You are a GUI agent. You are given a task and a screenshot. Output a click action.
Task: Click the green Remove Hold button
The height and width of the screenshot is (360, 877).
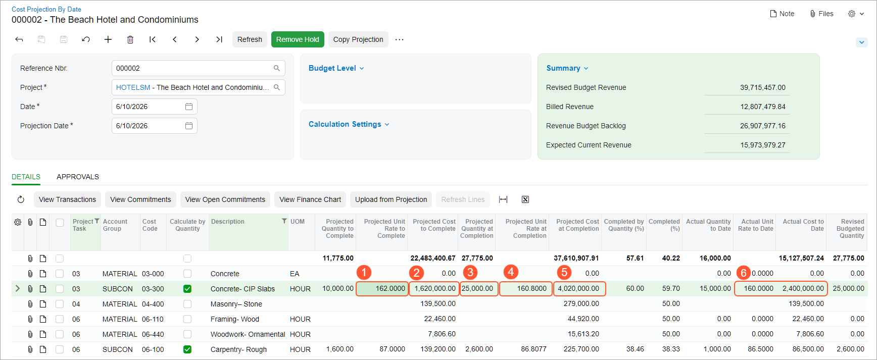(x=298, y=39)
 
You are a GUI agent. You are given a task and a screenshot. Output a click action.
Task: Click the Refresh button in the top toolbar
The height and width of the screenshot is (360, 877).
(x=250, y=39)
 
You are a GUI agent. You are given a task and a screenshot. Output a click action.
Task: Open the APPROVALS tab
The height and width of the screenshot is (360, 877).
(x=78, y=177)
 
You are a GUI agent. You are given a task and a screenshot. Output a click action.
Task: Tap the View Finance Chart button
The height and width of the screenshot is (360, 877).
(x=310, y=199)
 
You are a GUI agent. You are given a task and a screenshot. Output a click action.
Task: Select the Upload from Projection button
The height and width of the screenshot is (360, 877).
(x=391, y=199)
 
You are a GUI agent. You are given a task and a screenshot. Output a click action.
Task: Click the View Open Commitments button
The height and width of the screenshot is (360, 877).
(x=225, y=199)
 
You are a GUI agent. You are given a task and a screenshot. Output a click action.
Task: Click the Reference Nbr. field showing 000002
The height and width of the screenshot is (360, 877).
(x=198, y=68)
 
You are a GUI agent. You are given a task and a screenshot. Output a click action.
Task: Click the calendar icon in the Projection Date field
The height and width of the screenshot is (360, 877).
(x=189, y=126)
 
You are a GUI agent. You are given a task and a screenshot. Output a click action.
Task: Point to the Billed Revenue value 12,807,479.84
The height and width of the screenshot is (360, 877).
(x=763, y=107)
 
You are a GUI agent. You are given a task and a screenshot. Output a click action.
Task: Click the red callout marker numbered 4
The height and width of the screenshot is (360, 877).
(x=511, y=272)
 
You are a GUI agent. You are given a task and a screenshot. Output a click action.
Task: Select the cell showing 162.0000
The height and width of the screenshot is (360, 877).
(x=382, y=289)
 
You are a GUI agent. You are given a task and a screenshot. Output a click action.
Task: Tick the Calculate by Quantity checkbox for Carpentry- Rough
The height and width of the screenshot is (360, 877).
(x=187, y=349)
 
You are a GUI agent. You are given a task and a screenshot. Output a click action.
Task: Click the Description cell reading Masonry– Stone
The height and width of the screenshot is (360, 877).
(x=236, y=304)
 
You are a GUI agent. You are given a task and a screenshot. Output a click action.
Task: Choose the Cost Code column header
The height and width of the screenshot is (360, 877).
(x=150, y=225)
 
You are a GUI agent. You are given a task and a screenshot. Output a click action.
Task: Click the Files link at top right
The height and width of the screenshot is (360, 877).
(x=821, y=14)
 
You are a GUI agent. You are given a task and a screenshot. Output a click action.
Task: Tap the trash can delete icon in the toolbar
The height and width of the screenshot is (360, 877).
(x=130, y=39)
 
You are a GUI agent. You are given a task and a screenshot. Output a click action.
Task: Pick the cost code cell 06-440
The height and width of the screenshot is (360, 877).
(x=153, y=334)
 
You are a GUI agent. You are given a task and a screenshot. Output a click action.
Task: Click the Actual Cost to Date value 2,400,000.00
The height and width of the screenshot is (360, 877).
(x=803, y=289)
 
